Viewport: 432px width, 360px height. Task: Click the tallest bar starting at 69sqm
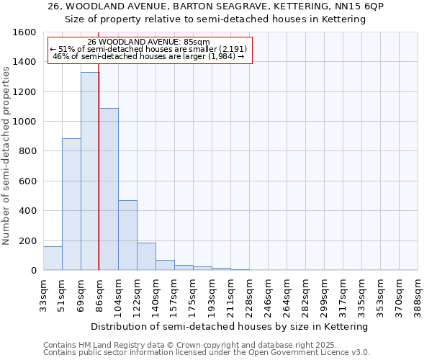coord(90,171)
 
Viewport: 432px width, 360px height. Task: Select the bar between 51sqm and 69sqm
coord(71,204)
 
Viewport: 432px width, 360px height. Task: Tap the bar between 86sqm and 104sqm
coord(109,189)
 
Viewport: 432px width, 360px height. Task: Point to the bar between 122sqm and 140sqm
coord(146,256)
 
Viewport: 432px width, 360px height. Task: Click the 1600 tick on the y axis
coord(26,32)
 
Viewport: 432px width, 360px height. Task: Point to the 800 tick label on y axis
coord(29,151)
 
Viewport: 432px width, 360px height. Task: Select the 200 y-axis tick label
coord(29,240)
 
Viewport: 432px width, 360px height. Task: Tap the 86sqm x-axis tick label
coord(100,294)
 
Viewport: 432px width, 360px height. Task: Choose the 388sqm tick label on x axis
coord(418,294)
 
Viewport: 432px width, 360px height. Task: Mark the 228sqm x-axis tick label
coord(250,294)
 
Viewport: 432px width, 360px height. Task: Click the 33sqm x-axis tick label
coord(44,294)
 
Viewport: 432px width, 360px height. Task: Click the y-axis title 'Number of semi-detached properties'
coord(6,151)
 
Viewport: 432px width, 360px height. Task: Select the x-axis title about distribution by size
coord(230,326)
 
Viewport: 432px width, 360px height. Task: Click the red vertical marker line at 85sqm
coord(98,180)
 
